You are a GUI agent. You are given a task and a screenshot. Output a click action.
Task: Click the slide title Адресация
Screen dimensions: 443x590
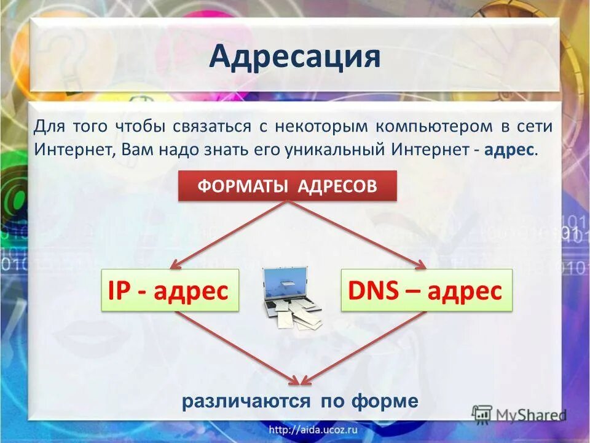[295, 57]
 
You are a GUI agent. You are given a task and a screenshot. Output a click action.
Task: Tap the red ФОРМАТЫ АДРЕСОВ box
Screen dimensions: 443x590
[288, 186]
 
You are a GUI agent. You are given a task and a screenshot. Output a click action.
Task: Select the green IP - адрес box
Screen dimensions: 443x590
[169, 290]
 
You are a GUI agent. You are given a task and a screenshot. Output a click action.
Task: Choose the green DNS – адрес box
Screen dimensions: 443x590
[426, 290]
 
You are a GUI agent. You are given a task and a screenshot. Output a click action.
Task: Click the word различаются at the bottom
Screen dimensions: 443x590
[246, 402]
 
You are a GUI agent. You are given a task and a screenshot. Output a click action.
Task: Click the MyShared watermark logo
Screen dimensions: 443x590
[519, 413]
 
